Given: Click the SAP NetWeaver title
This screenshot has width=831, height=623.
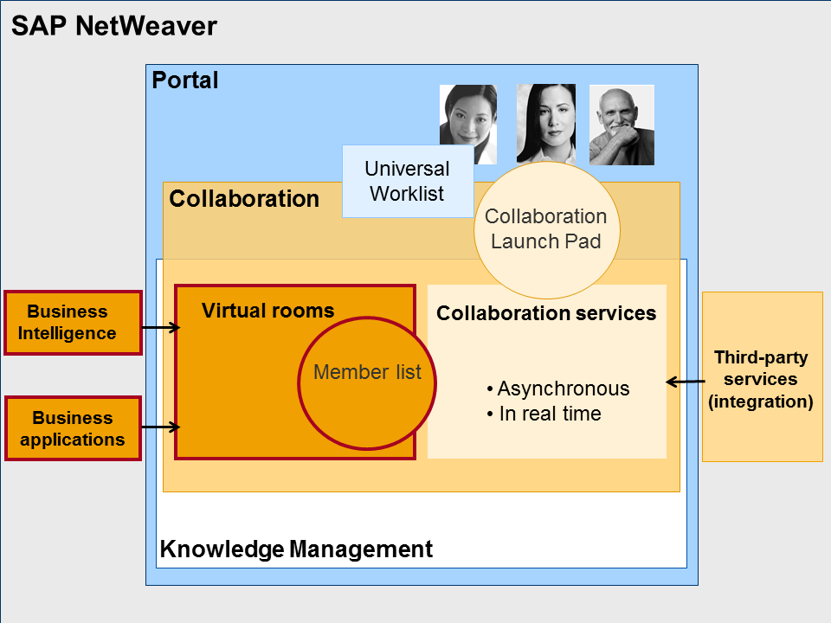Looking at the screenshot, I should tap(113, 26).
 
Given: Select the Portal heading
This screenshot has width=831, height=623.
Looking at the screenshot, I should tap(185, 81).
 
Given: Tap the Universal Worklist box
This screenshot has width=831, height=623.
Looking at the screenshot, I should tap(407, 181).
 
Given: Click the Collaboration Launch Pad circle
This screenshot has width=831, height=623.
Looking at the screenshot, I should tap(546, 229).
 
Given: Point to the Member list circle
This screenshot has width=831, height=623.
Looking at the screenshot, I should tap(367, 373).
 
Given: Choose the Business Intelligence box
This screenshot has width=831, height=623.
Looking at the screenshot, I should tap(73, 323).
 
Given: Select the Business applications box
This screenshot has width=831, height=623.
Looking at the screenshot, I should tap(73, 428).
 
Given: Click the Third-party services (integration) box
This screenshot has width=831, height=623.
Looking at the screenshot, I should tap(762, 377).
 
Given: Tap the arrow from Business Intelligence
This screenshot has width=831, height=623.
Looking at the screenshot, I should tap(160, 328).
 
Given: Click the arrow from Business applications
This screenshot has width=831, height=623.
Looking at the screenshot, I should tap(160, 427).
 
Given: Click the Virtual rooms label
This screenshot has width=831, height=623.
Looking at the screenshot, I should tap(267, 311).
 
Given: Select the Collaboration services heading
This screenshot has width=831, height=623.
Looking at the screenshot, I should tap(546, 313).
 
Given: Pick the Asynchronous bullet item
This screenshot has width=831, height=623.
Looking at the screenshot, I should tap(558, 389).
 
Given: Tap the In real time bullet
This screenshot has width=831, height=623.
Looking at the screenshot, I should tap(544, 414).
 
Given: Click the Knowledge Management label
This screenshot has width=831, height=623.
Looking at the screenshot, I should tap(296, 549).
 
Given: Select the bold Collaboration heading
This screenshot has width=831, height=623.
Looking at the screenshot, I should tap(244, 199).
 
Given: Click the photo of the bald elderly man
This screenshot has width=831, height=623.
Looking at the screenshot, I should tap(622, 125).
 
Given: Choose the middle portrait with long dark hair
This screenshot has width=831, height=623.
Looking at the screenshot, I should tap(546, 123).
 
